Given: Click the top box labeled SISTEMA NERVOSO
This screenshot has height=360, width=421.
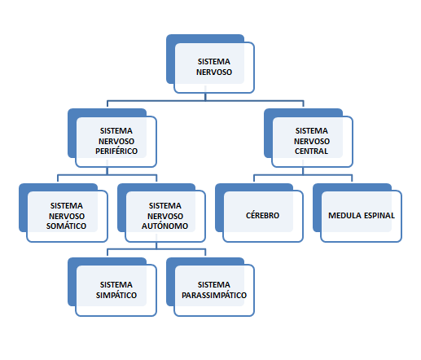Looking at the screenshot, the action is point(210,64).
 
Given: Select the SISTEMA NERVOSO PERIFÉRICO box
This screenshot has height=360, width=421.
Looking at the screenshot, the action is point(112,138).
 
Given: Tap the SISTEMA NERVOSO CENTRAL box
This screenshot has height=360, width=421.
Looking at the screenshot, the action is point(309,138).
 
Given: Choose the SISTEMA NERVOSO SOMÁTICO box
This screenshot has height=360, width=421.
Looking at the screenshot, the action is point(64,213).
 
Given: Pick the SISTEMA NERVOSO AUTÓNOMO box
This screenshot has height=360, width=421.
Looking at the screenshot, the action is point(161,213).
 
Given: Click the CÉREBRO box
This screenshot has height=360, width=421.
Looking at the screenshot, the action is point(259,213).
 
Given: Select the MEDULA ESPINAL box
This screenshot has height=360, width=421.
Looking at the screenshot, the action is point(357,213).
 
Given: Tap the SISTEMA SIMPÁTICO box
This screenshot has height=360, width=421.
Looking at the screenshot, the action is point(112,287).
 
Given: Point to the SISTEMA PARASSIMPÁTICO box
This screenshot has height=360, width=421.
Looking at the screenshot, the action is point(210,287).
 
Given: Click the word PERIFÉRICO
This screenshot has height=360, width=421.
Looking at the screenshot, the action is point(116,151).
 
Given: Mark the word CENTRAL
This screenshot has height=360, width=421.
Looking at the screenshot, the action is point(311,151).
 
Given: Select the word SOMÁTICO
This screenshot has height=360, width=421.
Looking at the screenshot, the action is point(66,226).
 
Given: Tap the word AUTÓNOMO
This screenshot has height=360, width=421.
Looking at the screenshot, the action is point(164,226).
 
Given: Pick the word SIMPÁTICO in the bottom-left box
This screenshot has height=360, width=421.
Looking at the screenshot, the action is point(116,295).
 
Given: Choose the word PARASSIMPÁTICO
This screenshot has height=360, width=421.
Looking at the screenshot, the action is point(214,295).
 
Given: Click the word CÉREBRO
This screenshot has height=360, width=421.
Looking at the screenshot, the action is point(262,215).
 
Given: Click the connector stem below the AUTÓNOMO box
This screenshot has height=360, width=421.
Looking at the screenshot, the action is point(156,245).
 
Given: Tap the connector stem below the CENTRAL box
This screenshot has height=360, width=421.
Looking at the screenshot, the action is point(303,171).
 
